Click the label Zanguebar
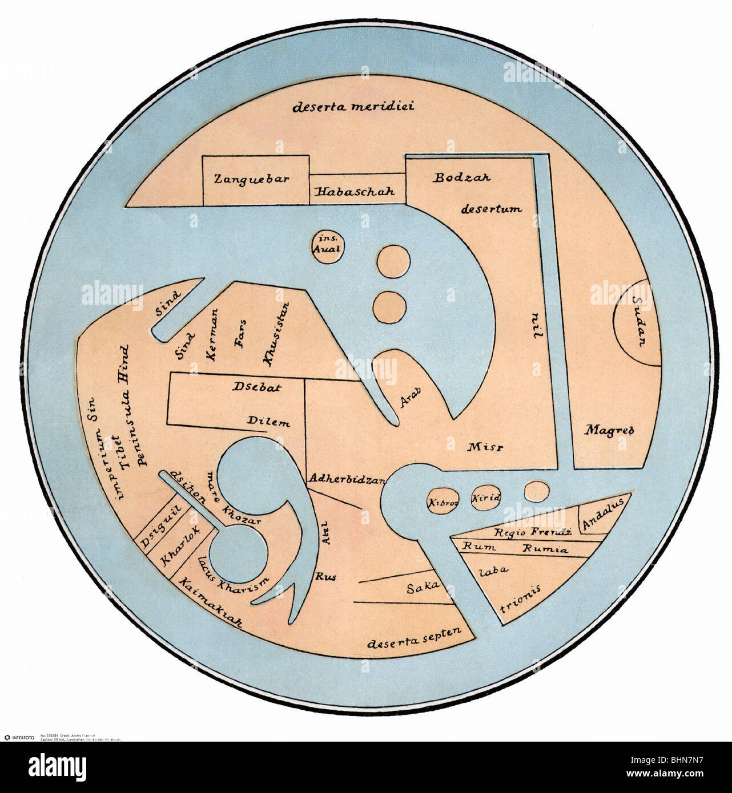pos(251,179)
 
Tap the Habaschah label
pos(354,191)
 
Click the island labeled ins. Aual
pos(327,245)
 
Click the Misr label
pos(484,446)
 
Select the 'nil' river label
pos(536,326)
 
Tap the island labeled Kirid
pos(485,498)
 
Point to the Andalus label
pos(604,512)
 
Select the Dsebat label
pos(256,387)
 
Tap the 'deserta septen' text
pos(406,642)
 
